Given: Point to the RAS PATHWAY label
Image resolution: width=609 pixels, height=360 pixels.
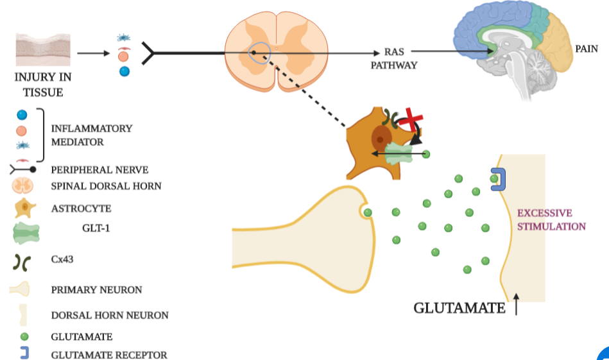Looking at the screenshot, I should (393, 58).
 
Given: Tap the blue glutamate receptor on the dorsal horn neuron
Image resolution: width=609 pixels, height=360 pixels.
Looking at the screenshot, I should (499, 178).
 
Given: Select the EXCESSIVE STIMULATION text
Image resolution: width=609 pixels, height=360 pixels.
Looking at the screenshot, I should (551, 219).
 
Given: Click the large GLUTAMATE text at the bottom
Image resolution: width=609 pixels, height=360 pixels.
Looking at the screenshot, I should (459, 308).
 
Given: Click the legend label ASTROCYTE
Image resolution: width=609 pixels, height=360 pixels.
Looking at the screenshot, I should (81, 209).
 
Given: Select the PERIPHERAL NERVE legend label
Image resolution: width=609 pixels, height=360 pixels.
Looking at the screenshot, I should (99, 170).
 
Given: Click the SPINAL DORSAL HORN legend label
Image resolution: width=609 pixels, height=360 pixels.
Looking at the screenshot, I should (106, 186).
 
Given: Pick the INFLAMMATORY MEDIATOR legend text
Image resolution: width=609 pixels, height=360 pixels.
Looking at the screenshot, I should (92, 135).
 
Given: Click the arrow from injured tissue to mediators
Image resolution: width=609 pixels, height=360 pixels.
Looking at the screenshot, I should (93, 54).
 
